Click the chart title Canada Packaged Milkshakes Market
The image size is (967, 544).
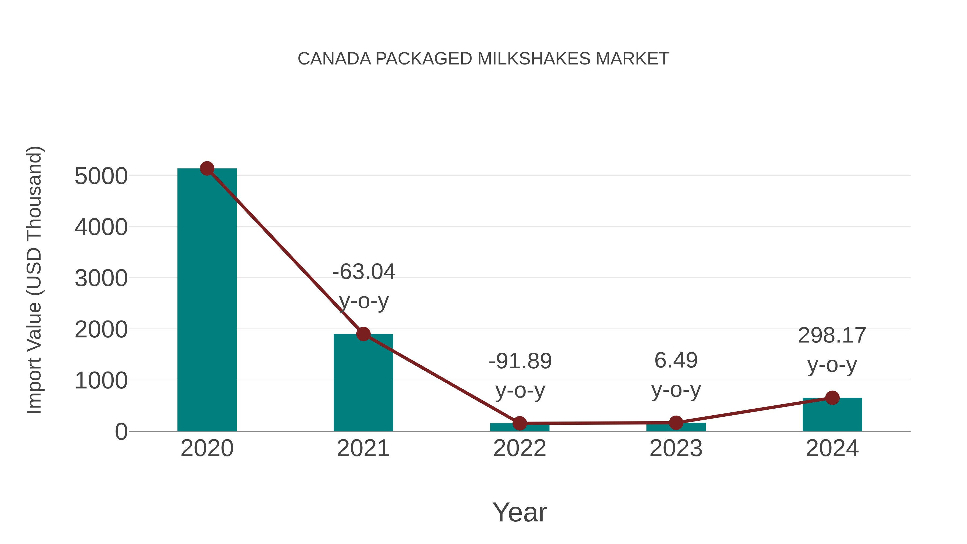point(483,59)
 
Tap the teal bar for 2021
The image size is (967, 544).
point(363,387)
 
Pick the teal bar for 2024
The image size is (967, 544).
point(832,417)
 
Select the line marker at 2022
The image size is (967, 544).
point(519,423)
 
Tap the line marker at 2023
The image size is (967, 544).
point(676,423)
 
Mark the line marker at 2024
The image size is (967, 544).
point(832,398)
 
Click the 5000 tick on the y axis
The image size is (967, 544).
point(101,176)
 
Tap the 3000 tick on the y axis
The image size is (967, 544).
point(101,279)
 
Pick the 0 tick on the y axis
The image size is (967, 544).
point(121,432)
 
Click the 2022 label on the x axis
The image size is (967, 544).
point(519,449)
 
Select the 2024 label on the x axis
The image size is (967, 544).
point(832,449)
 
